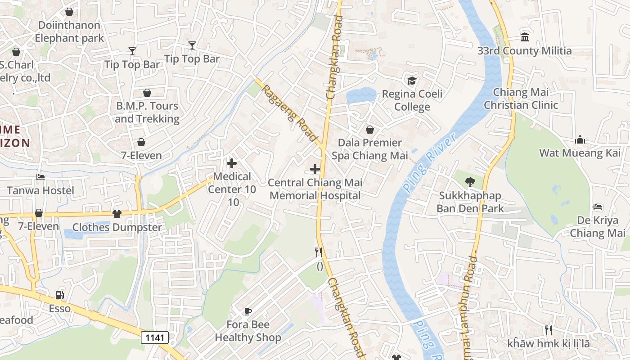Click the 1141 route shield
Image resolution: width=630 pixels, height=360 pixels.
point(155,337)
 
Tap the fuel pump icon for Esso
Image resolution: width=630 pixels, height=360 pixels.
point(59,295)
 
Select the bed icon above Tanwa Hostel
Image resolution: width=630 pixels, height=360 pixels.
point(40,177)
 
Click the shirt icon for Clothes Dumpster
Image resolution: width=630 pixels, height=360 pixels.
point(117,214)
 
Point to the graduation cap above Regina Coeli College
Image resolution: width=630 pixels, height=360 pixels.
point(412,81)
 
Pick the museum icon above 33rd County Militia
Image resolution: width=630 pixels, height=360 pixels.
point(524,37)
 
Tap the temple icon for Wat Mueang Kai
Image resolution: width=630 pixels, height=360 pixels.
point(580,139)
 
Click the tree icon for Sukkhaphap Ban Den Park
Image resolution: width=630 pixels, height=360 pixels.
point(470,182)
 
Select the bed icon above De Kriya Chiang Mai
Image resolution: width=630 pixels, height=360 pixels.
point(598,207)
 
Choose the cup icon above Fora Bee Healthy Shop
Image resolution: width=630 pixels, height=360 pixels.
point(247,311)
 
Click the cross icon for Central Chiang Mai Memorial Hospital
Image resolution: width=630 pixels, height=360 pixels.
point(315,169)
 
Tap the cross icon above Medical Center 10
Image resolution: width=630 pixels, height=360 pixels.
point(232,163)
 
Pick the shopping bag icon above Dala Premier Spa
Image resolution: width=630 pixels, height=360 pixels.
point(370,130)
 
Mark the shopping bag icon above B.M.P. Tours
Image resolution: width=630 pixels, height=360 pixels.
point(147,93)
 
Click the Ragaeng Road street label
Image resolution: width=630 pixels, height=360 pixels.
point(290,113)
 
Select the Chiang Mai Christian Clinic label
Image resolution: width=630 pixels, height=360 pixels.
point(521,99)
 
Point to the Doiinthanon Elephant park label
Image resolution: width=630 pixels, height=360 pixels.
point(69,31)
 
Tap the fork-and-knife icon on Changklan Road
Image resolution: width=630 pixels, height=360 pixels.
point(319,252)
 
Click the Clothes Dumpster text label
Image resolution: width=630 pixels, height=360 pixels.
point(117,227)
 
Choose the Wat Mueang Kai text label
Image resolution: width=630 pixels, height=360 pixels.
point(580,153)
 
